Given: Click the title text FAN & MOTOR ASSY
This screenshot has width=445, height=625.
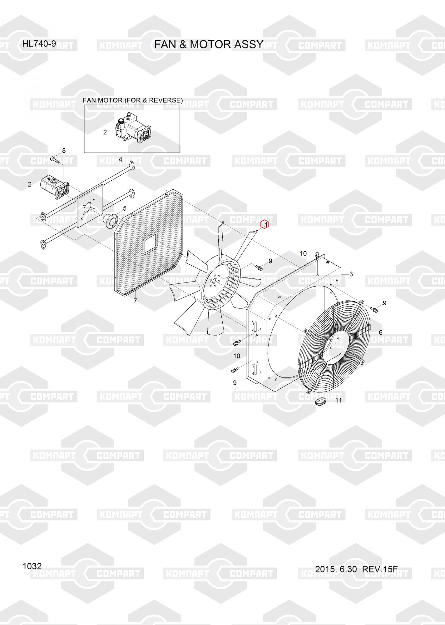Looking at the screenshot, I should coord(209,45).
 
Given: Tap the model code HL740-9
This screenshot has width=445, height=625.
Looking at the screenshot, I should coord(39,44).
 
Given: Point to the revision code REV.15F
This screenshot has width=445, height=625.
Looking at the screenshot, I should coord(380,569).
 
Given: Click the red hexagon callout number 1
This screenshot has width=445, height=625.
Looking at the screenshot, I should coord(265,224).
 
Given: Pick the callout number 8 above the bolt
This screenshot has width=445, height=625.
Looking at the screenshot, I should coord(64,151).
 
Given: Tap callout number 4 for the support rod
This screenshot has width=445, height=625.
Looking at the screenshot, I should coord(121,160).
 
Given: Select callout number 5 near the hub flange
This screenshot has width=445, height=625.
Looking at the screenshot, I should coord(125,208).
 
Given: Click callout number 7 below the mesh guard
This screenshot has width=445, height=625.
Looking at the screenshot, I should coord(135,301).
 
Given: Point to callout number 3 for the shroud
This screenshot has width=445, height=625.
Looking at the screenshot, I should coord(351,274).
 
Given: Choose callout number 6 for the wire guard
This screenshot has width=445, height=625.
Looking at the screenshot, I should coord(380,332).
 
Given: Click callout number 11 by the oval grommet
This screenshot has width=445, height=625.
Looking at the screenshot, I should coord(339,400).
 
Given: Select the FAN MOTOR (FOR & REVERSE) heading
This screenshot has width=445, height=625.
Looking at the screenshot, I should coord(133,100).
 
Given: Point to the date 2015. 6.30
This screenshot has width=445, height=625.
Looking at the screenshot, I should coord(336,569).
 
